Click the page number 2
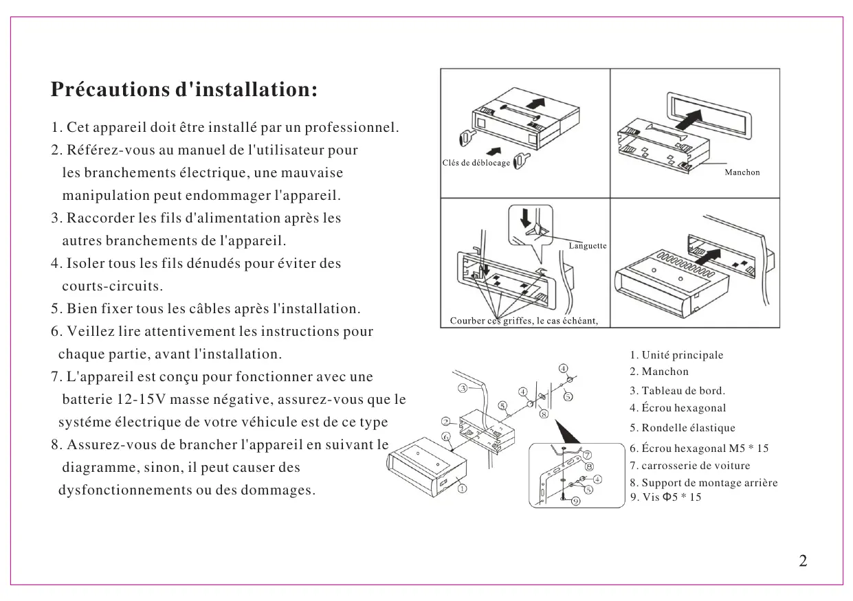(x=803, y=561)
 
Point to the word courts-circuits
(x=112, y=286)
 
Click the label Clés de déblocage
(x=476, y=163)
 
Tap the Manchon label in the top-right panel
(x=742, y=172)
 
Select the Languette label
(x=588, y=246)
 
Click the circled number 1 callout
(x=463, y=489)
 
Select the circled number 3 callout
(x=463, y=388)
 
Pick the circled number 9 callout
(x=575, y=501)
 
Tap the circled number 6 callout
(x=445, y=436)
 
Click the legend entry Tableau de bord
(x=677, y=391)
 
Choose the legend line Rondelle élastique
(x=682, y=428)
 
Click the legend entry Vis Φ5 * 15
(x=666, y=497)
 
